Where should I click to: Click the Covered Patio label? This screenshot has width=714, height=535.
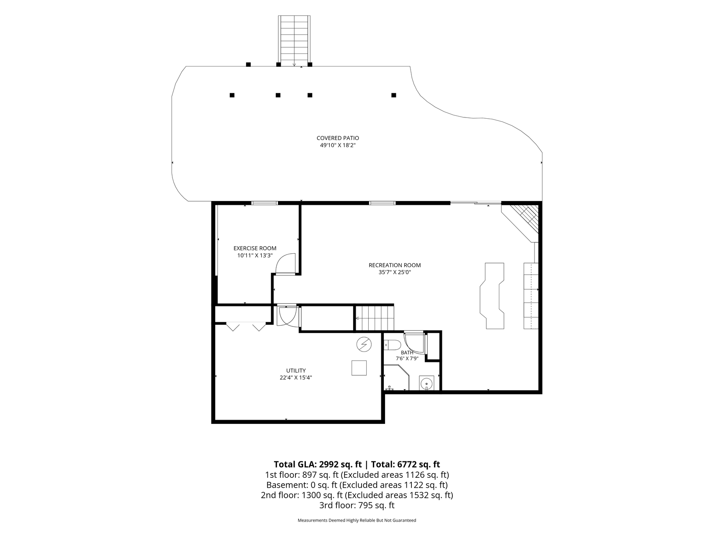tap(338, 138)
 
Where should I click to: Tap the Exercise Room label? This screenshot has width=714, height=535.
tap(255, 248)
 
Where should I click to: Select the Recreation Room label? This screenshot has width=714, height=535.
tap(395, 265)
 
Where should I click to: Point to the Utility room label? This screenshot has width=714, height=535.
tap(296, 370)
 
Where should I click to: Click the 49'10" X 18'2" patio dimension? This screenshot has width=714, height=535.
tap(338, 145)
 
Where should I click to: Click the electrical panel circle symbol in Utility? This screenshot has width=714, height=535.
tap(364, 344)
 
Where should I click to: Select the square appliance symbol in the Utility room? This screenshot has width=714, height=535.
tap(359, 368)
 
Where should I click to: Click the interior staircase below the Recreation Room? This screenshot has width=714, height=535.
tap(375, 318)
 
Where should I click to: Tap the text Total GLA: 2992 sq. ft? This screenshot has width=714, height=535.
tap(318, 464)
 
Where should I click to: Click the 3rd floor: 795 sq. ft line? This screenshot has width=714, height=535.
tap(357, 505)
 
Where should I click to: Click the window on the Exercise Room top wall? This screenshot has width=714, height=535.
tap(265, 203)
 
